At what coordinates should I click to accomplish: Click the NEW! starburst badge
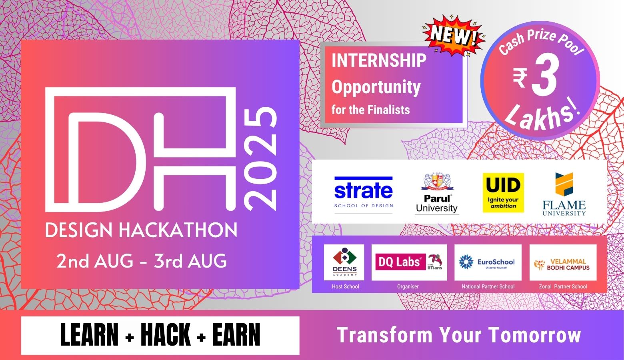pyautogui.click(x=454, y=36)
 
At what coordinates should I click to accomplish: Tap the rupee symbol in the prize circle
pyautogui.click(x=520, y=78)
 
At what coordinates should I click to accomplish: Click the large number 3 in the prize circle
pyautogui.click(x=545, y=78)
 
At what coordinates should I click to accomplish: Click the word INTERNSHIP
pyautogui.click(x=379, y=61)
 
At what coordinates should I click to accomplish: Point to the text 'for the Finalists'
pyautogui.click(x=370, y=110)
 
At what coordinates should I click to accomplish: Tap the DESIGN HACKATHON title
pyautogui.click(x=141, y=231)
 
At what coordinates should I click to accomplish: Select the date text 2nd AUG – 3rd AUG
pyautogui.click(x=142, y=261)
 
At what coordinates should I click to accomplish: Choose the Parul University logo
pyautogui.click(x=436, y=193)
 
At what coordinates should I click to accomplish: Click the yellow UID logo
pyautogui.click(x=503, y=192)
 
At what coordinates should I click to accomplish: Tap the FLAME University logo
pyautogui.click(x=564, y=194)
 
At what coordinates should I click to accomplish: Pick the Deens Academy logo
pyautogui.click(x=344, y=262)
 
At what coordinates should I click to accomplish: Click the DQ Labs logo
pyautogui.click(x=409, y=262)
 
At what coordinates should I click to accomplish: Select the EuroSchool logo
pyautogui.click(x=488, y=262)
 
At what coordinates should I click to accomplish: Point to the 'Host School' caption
pyautogui.click(x=345, y=286)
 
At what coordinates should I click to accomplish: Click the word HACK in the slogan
pyautogui.click(x=166, y=335)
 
